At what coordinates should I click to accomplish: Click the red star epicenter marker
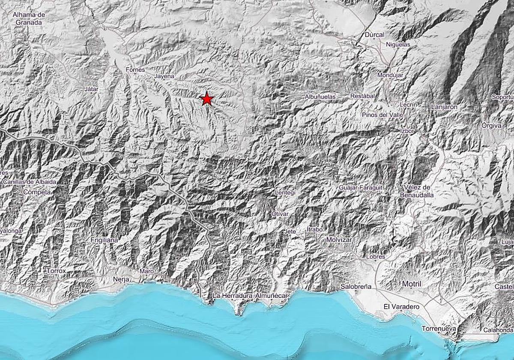[207, 99]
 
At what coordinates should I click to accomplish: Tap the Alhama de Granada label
[29, 18]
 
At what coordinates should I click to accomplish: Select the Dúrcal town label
[373, 35]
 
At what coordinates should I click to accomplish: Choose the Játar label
[92, 89]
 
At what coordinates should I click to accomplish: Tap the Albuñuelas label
[320, 97]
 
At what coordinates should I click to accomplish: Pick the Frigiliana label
[104, 240]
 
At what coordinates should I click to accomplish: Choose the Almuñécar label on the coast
[273, 296]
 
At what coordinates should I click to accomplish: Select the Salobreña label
[356, 286]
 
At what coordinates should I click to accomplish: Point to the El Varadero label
[401, 307]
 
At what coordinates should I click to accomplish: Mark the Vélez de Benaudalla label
[419, 191]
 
